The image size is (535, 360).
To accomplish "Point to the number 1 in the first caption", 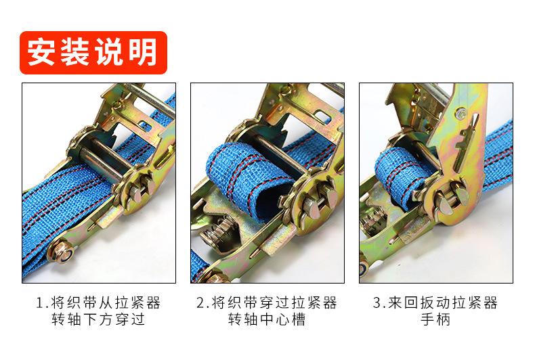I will tap(40, 302).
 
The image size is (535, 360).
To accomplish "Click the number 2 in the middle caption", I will tap(201, 302).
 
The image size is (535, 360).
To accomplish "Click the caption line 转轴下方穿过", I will tap(98, 319).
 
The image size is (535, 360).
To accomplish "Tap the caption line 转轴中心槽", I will tap(266, 319).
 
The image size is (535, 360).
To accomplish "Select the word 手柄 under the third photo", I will tap(435, 319).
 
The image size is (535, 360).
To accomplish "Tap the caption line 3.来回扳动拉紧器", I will tap(435, 302).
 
